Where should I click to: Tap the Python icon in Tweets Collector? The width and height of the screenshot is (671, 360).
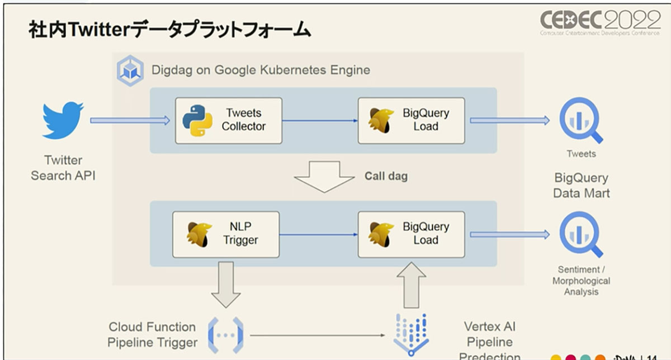click(197, 120)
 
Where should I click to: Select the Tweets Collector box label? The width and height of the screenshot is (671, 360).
click(243, 120)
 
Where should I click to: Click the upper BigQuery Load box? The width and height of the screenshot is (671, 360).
click(411, 120)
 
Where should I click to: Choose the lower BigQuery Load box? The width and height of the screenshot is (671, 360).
click(411, 234)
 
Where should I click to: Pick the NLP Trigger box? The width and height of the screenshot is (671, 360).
click(226, 234)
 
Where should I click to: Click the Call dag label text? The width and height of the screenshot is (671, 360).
click(386, 176)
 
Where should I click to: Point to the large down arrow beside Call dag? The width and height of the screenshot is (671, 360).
click(324, 177)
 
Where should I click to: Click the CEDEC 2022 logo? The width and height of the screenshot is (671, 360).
click(600, 22)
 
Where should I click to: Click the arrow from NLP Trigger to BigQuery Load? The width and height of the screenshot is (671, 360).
click(319, 234)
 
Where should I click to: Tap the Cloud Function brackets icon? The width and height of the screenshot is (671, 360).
click(226, 335)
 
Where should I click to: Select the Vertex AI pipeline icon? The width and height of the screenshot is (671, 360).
click(411, 333)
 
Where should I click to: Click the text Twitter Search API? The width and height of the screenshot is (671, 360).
click(63, 168)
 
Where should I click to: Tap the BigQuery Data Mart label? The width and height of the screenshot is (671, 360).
click(581, 186)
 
